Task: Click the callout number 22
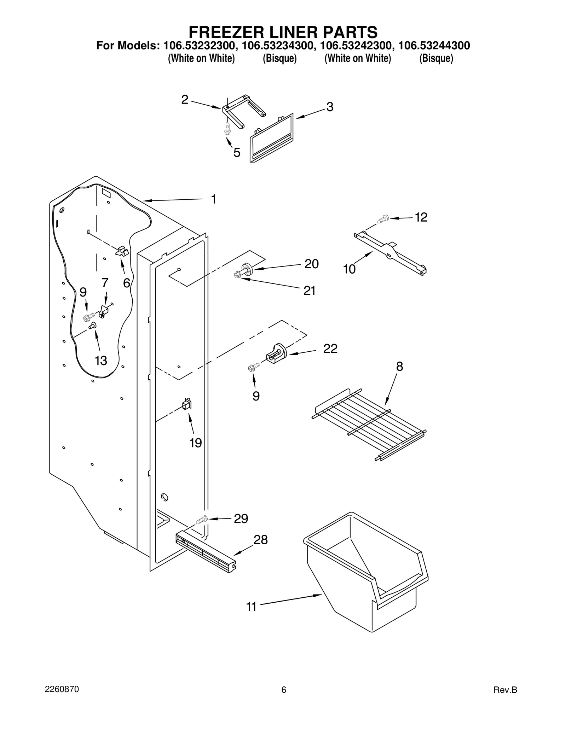click(330, 349)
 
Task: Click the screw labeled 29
click(202, 520)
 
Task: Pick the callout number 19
click(195, 443)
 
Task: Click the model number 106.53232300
click(199, 46)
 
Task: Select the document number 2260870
click(62, 689)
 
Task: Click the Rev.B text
click(505, 690)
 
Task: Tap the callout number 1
click(213, 199)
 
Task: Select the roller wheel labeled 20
click(247, 269)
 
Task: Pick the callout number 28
click(261, 540)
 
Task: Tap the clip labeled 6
click(122, 251)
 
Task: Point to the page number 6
click(283, 690)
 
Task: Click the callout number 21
click(309, 291)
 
